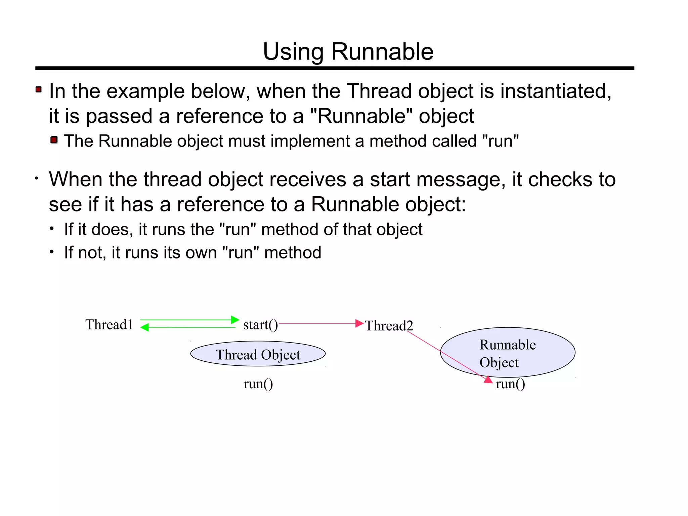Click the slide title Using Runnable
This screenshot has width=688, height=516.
pyautogui.click(x=348, y=52)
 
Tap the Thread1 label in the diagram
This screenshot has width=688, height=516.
pyautogui.click(x=109, y=325)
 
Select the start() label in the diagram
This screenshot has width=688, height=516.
pyautogui.click(x=260, y=325)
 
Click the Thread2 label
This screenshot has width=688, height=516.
pyautogui.click(x=389, y=326)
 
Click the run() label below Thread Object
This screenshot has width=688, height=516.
pyautogui.click(x=258, y=384)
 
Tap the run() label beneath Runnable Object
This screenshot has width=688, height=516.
pyautogui.click(x=510, y=384)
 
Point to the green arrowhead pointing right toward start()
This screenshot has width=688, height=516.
pyautogui.click(x=235, y=320)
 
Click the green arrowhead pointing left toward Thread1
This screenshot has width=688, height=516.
pyautogui.click(x=144, y=327)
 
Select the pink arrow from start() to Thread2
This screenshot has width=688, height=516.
pyautogui.click(x=319, y=323)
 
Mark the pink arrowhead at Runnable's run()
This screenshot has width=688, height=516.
pyautogui.click(x=488, y=380)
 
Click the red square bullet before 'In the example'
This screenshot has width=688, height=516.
pyautogui.click(x=39, y=89)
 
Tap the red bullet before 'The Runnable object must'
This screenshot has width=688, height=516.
pyautogui.click(x=54, y=140)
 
